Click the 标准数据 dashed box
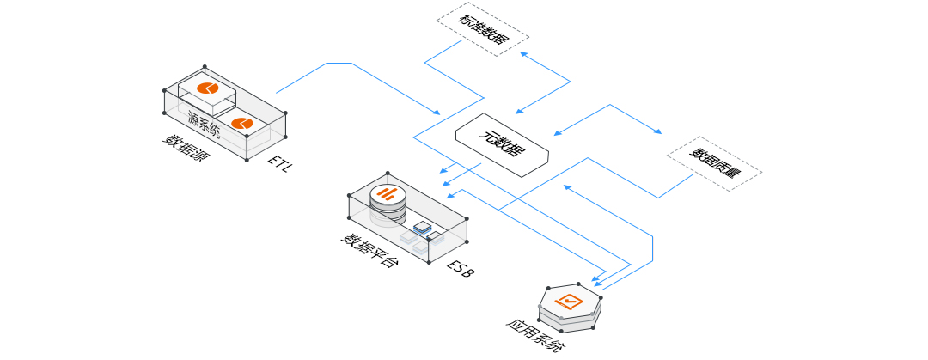(483, 33)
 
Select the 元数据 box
(502, 143)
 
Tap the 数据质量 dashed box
(715, 163)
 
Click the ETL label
(280, 163)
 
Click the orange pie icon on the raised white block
(208, 88)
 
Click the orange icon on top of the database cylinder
(389, 193)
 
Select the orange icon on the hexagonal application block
(571, 301)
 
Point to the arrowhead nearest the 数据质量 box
(659, 133)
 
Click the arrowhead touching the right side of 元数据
(557, 133)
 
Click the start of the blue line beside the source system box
(277, 92)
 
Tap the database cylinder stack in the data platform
(388, 204)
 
